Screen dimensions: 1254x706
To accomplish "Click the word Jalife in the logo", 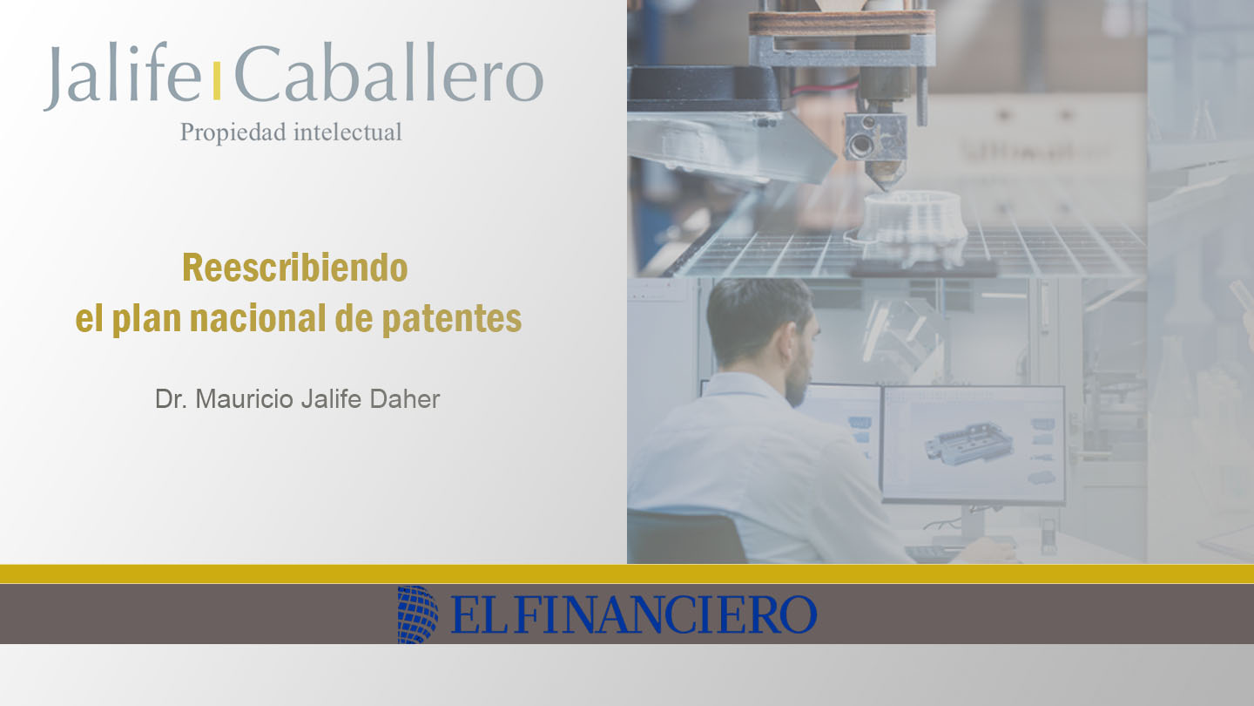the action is point(123,76).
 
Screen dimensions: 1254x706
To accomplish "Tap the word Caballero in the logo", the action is point(389,73).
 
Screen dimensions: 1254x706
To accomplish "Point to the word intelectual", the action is point(347,132).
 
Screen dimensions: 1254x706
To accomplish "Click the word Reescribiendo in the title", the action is point(295,268).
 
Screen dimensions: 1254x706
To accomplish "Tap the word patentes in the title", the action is point(452,319).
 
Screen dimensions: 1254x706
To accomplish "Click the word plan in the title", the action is point(146,319).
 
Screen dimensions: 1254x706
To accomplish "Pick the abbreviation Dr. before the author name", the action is point(171,399).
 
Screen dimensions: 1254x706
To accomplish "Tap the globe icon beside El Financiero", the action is point(418,614).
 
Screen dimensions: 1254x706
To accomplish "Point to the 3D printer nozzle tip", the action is point(887,187).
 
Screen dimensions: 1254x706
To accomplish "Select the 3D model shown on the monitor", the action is point(967,444).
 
